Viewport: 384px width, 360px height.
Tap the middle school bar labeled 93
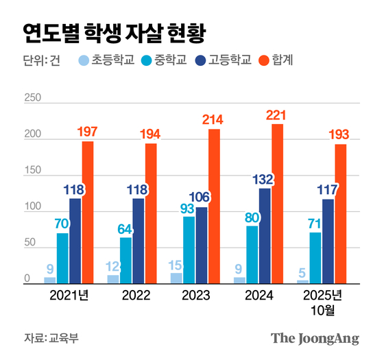click(x=189, y=250)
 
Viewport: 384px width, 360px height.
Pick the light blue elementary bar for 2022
click(x=113, y=278)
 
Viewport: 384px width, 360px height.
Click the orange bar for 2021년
click(x=88, y=212)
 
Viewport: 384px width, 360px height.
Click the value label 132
click(x=265, y=180)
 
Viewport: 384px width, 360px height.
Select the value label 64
click(x=125, y=229)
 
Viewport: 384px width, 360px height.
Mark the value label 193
click(x=340, y=135)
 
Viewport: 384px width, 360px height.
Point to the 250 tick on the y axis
click(x=32, y=98)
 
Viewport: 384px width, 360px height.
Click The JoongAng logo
click(x=315, y=337)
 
